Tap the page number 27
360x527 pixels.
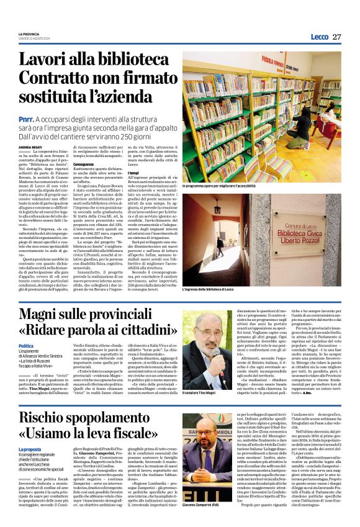[336, 37]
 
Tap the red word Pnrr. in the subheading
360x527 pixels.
[25, 118]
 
